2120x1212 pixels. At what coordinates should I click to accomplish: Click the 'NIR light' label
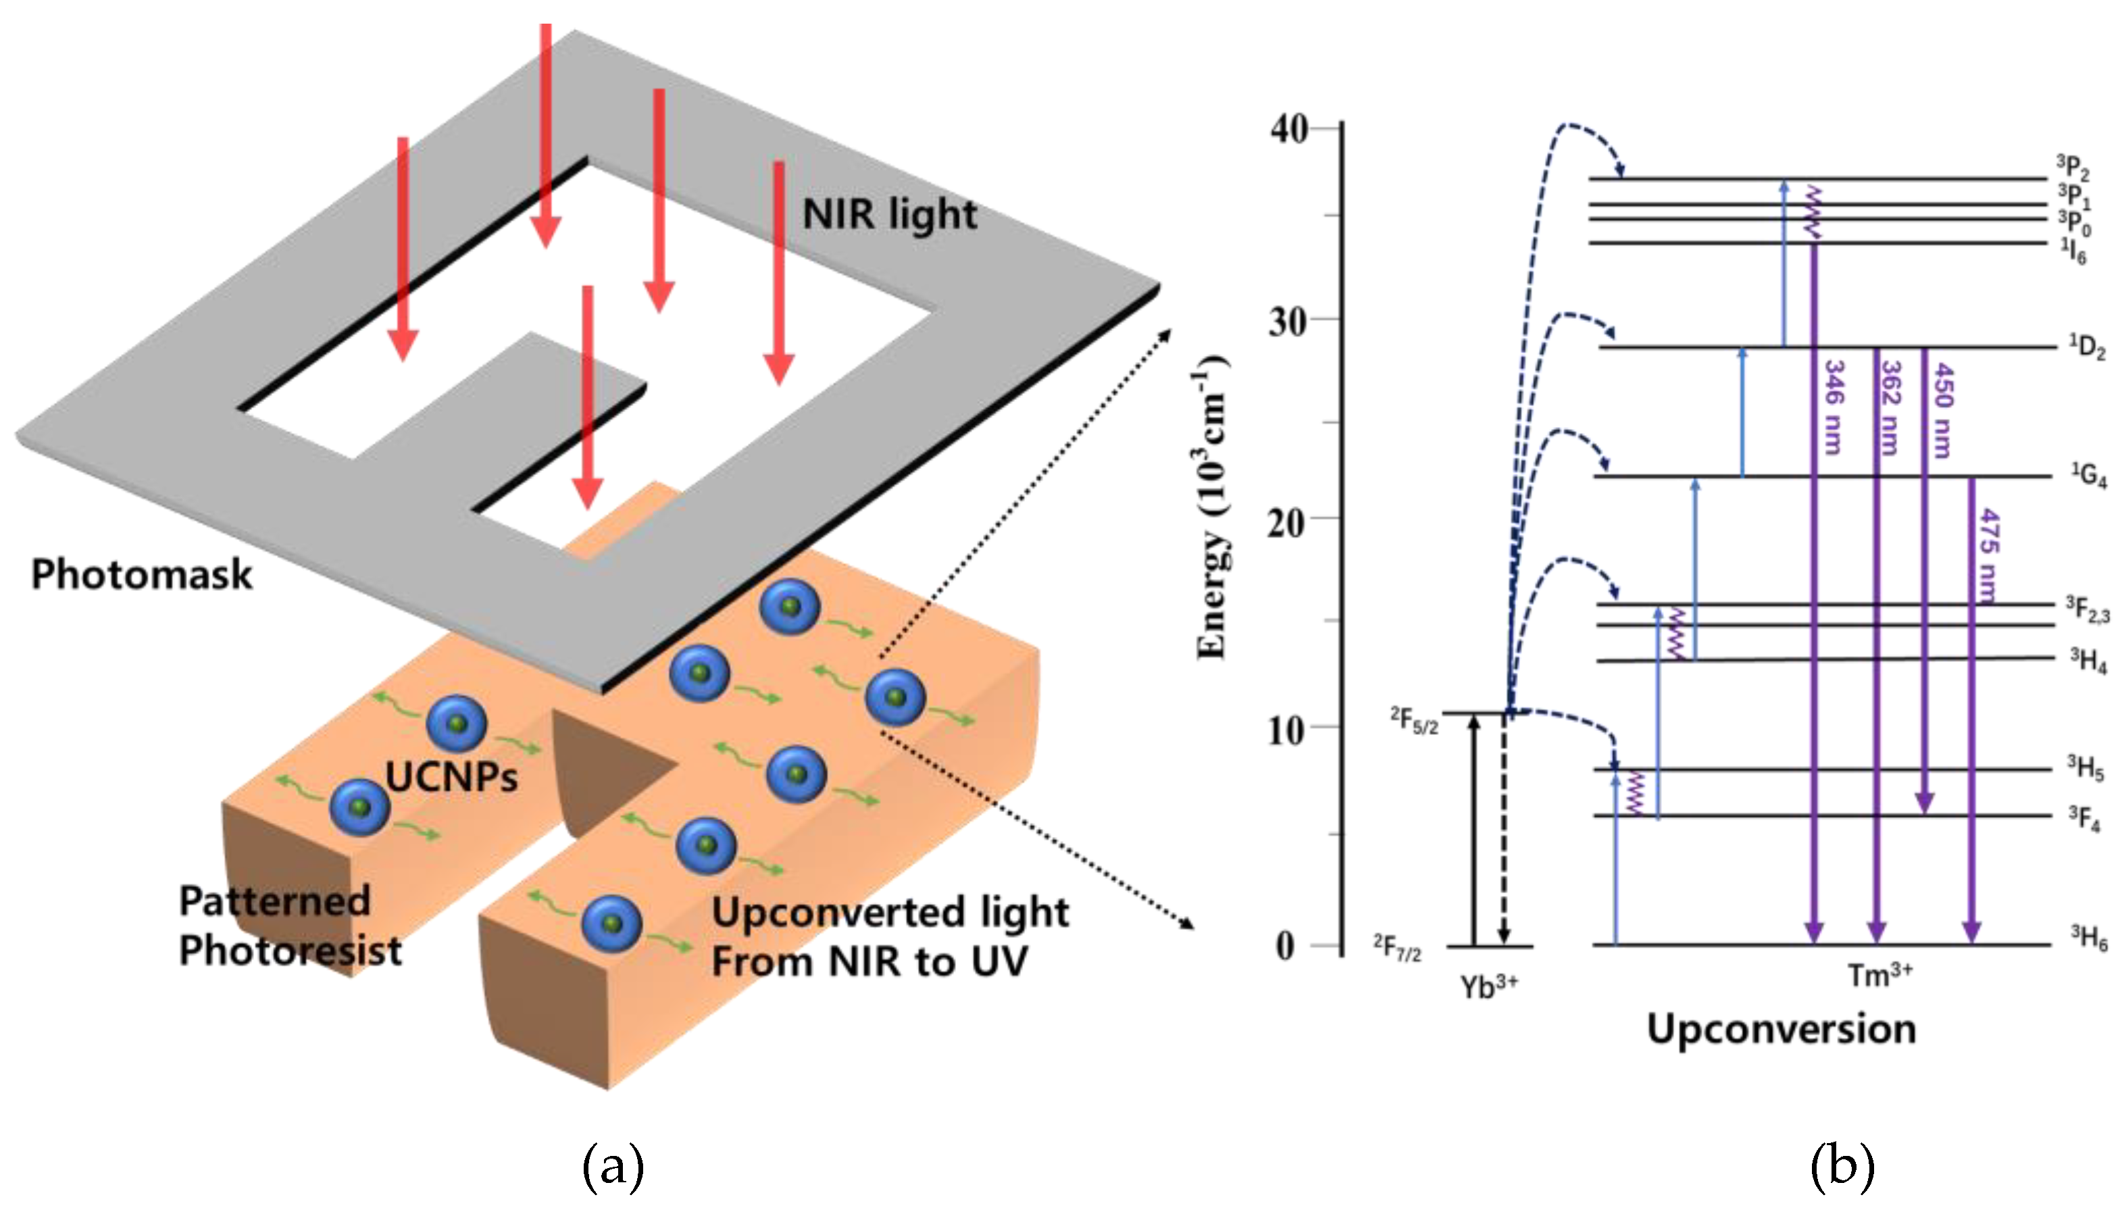(889, 216)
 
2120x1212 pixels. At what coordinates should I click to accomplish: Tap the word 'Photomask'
(141, 575)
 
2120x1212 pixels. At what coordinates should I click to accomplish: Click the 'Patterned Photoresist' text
(290, 926)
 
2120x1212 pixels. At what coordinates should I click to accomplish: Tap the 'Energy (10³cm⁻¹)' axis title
(1213, 508)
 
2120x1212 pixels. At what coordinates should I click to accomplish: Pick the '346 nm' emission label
(1834, 407)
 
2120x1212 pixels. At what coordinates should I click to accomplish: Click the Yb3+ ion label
(1489, 986)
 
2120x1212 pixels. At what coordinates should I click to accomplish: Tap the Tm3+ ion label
(1879, 974)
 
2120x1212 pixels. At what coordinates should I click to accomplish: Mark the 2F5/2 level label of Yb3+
(1414, 720)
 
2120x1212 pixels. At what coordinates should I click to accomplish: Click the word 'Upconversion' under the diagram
(1782, 1029)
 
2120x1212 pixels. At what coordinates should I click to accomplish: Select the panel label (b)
(1842, 1166)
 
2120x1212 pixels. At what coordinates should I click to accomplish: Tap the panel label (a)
(613, 1166)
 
